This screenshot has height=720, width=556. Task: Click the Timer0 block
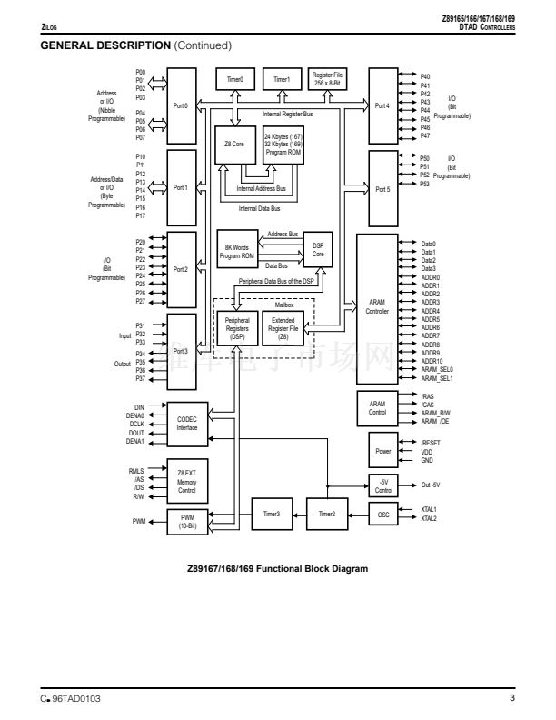click(235, 80)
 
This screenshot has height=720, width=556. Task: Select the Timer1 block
click(281, 80)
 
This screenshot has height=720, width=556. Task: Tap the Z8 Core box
click(235, 144)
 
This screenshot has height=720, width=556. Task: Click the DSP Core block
click(318, 248)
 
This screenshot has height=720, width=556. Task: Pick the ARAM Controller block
click(376, 307)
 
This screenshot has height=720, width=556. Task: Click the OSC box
click(382, 515)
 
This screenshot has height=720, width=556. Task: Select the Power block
click(382, 451)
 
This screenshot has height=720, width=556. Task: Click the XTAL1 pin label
click(430, 509)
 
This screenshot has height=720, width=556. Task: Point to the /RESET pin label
click(432, 442)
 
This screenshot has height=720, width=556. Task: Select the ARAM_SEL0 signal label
click(437, 370)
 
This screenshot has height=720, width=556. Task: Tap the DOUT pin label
click(138, 432)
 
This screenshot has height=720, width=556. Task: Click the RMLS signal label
click(137, 471)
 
